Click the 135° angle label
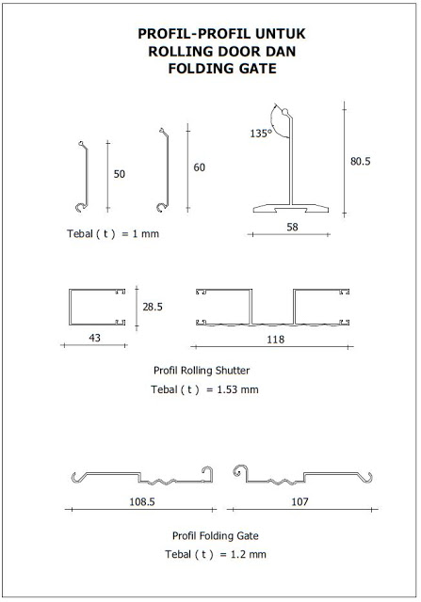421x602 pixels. pos(261,134)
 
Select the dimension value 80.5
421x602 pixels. pos(361,161)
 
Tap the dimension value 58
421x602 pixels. pos(292,227)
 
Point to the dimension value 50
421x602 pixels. pos(120,174)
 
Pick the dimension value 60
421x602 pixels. pos(199,167)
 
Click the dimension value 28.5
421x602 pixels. pos(153,307)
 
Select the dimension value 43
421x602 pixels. pos(94,338)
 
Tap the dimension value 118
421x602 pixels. pos(276,340)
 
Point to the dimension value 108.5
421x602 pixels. pos(142,501)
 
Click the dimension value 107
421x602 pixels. pos(300,501)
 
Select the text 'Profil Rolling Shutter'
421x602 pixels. pos(202,371)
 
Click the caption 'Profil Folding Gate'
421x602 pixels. pos(216,535)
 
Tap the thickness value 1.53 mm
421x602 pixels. pos(237,389)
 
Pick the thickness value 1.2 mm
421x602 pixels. pos(249,554)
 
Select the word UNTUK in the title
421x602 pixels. pos(281,34)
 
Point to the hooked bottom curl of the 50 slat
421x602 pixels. pos(81,208)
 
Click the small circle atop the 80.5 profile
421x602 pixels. pos(284,112)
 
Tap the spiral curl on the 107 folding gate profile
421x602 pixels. pos(238,471)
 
